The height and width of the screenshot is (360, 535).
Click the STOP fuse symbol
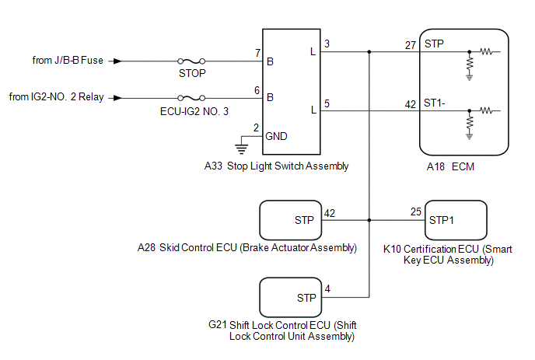pos(191,61)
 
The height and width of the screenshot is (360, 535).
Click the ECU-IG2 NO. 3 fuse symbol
pos(191,98)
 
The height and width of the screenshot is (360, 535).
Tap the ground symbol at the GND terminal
pos(242,149)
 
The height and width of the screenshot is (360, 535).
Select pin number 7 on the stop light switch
pos(258,53)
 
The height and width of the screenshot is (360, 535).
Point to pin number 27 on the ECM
pos(411,45)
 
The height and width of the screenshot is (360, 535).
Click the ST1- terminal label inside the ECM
pos(435,103)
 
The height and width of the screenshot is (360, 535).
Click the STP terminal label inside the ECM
pos(434,44)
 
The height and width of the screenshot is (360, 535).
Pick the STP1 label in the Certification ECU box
pos(442,221)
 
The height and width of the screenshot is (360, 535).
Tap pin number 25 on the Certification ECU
pos(416,212)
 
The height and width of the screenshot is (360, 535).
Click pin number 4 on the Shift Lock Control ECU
pos(327,289)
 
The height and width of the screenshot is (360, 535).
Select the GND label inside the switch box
pos(276,137)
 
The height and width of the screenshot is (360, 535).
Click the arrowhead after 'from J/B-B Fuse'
pos(117,61)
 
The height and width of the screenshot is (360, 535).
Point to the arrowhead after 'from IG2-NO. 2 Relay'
pos(117,98)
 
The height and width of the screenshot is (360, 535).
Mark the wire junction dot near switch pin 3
pos(369,52)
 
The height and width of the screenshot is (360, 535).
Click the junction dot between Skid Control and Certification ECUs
pos(369,221)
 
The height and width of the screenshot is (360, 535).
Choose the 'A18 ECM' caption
pos(450,167)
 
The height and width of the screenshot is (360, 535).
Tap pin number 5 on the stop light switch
pos(327,103)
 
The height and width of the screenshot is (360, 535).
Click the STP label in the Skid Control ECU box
pos(304,221)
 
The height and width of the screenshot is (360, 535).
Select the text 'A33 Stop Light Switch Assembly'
pos(276,166)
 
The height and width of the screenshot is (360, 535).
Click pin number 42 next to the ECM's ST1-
pos(411,104)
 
